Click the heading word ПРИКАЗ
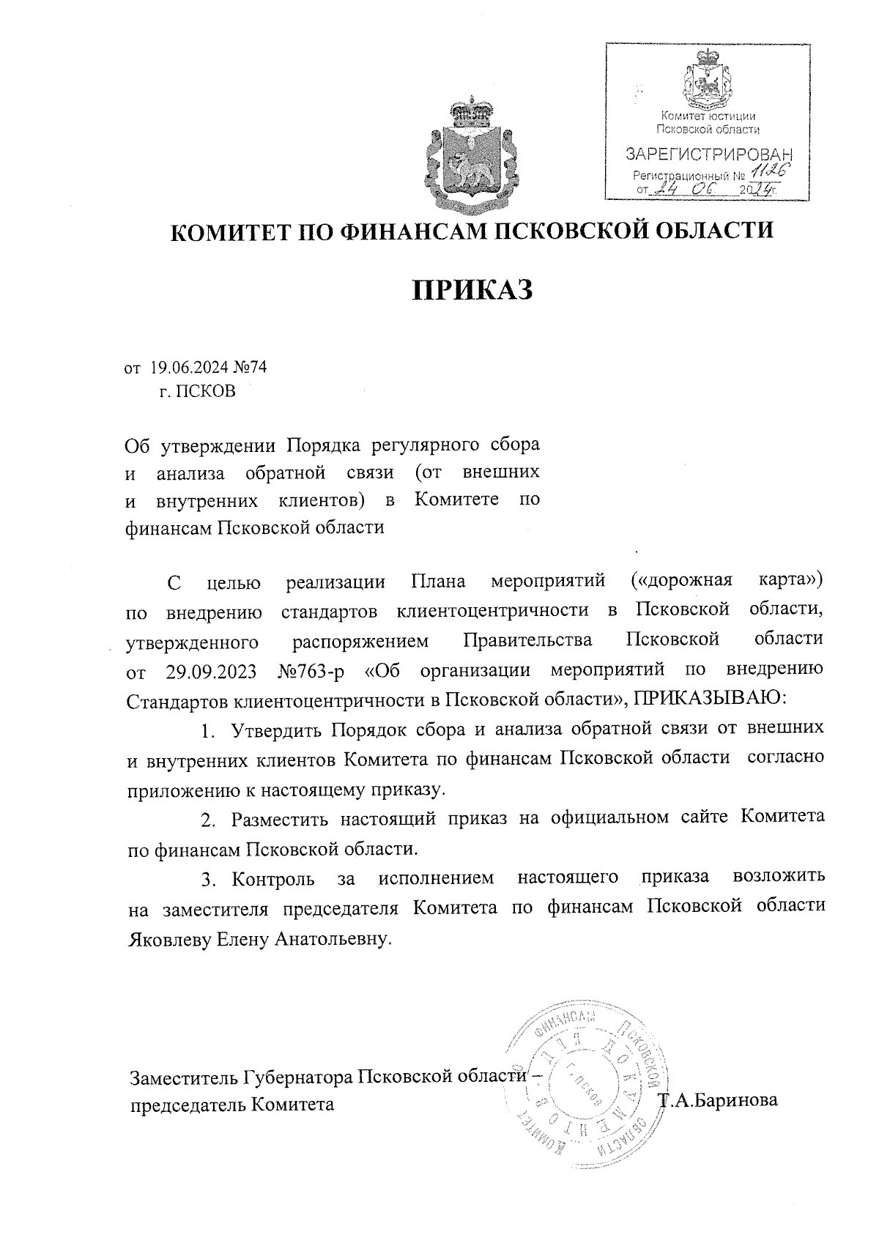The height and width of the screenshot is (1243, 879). coord(471,290)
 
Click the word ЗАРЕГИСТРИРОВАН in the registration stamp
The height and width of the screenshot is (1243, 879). coord(708,155)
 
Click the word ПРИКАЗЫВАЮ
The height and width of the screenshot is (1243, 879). coord(709,699)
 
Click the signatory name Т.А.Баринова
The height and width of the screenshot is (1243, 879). coord(718,1101)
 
